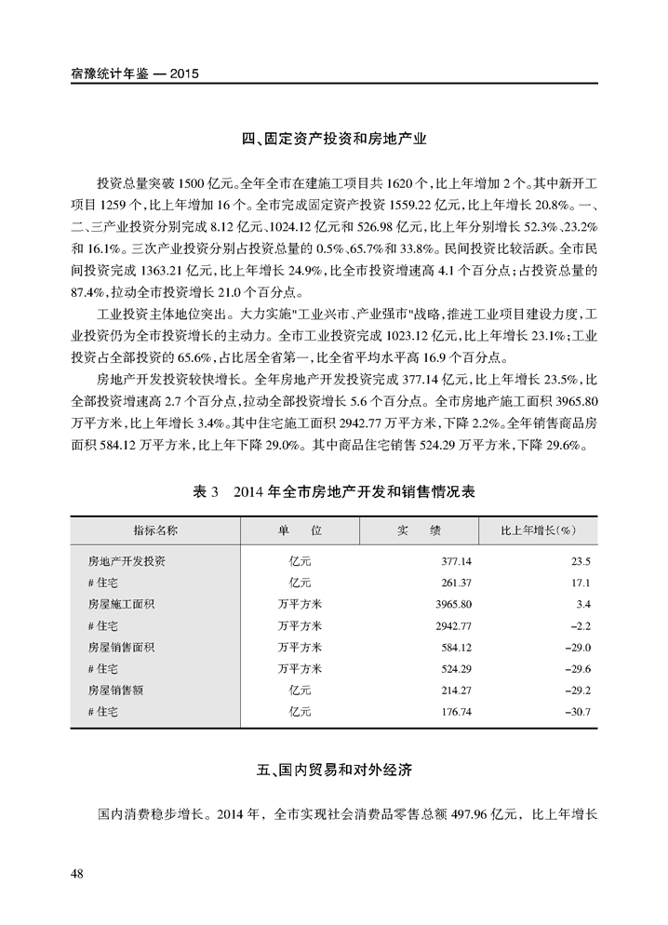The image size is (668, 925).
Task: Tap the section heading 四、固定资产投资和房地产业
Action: [x=334, y=141]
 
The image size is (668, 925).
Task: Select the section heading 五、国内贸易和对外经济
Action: [x=334, y=771]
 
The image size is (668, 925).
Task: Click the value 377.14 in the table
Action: [x=456, y=561]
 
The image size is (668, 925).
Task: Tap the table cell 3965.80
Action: [x=453, y=604]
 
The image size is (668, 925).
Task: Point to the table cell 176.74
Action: [x=456, y=711]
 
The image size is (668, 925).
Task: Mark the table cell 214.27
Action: [x=456, y=690]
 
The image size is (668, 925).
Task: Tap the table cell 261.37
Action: [x=456, y=583]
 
